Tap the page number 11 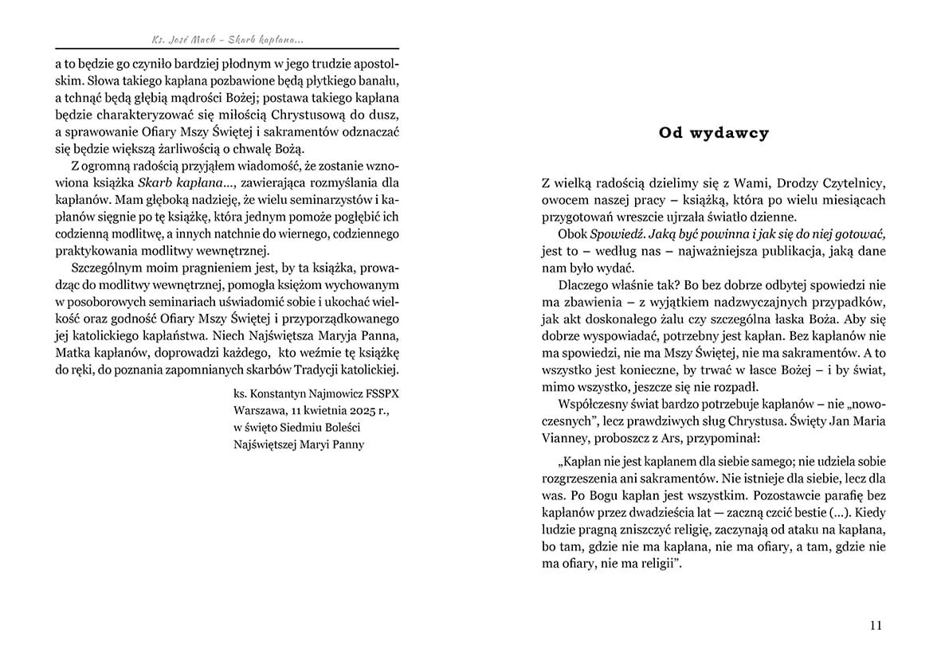coord(876,626)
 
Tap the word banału coord(378,82)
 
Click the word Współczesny coord(596,403)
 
